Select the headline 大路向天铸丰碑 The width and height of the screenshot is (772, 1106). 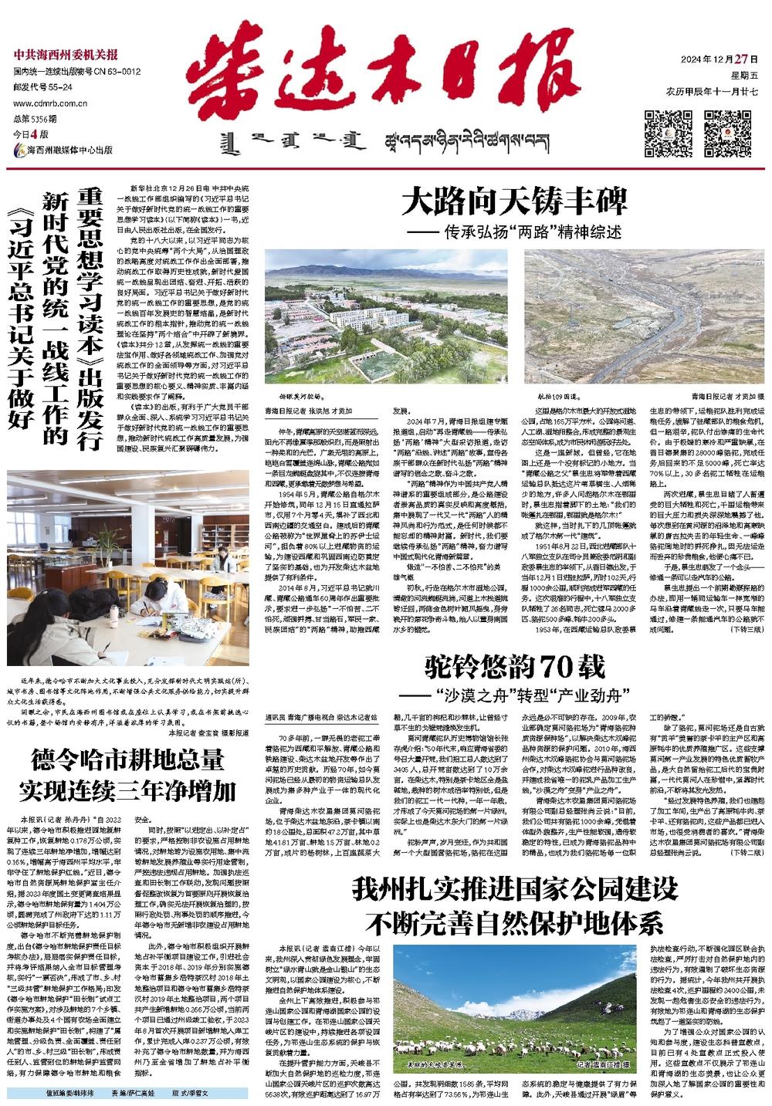[514, 203]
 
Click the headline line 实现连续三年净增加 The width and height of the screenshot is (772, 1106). [128, 791]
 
